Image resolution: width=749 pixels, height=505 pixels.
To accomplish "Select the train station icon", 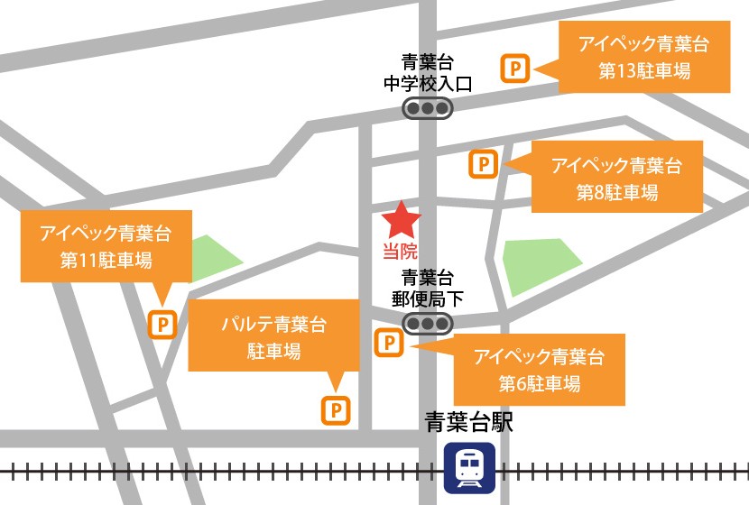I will (469, 467).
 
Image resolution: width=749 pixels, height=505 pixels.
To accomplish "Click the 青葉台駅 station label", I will (469, 423).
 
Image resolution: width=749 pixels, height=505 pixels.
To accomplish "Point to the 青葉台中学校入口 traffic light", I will (427, 109).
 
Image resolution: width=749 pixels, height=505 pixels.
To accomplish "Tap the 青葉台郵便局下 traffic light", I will (427, 323).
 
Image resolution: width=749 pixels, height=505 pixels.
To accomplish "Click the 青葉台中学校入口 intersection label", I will (427, 73).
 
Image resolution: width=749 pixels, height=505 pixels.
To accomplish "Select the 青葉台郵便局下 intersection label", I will (427, 287).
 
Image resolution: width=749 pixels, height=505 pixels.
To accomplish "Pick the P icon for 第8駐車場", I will (484, 164).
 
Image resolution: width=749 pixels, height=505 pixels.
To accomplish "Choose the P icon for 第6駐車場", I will (388, 343).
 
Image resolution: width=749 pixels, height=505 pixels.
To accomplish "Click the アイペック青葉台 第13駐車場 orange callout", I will (643, 57).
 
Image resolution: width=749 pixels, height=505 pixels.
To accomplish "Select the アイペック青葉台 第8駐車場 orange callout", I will (617, 178).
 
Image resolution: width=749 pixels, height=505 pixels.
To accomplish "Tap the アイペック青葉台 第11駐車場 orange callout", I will (106, 247).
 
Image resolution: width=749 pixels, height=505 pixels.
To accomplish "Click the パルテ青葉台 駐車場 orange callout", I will (273, 336).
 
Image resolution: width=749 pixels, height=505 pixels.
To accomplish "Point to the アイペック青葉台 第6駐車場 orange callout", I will (539, 368).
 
